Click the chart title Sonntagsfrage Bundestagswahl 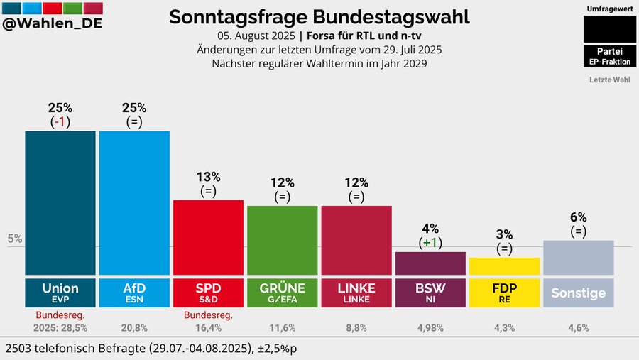tap(319, 17)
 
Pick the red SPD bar tap(208, 237)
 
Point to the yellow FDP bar tap(504, 266)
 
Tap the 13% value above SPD tap(208, 177)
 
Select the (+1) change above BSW tap(430, 242)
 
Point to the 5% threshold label tap(14, 239)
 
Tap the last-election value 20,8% tap(134, 328)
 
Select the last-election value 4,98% tap(430, 328)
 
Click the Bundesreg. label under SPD tap(208, 315)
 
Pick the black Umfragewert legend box tap(609, 29)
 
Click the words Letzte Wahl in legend tap(609, 80)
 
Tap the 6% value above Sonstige tap(578, 217)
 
